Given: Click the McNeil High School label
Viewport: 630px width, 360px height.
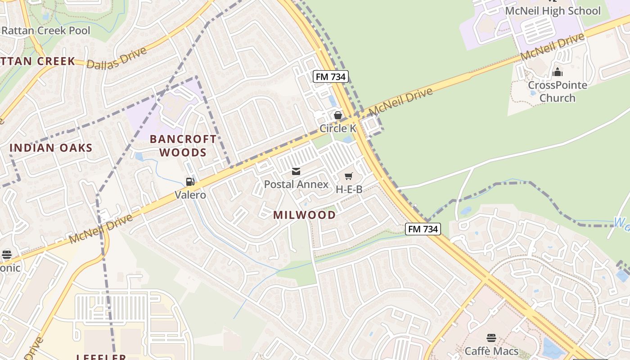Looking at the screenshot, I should click(x=553, y=11).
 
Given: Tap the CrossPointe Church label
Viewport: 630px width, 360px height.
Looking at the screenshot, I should click(x=557, y=91).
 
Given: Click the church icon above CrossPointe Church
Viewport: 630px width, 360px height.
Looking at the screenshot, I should click(x=558, y=72).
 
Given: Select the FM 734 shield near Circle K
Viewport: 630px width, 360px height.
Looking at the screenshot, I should click(x=331, y=76).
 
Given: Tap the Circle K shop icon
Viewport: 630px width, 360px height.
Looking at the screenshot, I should click(x=338, y=116).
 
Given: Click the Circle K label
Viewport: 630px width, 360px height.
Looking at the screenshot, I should click(x=338, y=129).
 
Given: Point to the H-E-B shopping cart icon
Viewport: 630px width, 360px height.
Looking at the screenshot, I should click(x=349, y=176).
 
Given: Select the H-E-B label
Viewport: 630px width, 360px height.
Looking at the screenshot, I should click(x=349, y=189).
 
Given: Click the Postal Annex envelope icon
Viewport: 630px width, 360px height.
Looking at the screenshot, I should click(x=296, y=171).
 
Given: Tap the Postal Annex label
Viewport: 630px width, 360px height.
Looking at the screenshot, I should click(x=296, y=184).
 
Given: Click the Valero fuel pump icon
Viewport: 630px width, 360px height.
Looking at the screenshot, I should click(x=190, y=182).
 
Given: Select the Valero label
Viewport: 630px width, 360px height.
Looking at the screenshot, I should click(x=190, y=195).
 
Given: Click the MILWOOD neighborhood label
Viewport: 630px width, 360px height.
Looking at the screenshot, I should click(x=304, y=215).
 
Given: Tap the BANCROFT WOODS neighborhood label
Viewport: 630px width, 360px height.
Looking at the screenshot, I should click(x=183, y=145).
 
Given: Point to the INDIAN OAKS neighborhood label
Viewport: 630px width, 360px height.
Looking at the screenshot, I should click(x=51, y=148).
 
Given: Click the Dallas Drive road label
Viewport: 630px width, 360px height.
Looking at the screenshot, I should click(x=117, y=58).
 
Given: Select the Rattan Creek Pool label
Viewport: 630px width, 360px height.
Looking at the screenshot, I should click(x=45, y=31).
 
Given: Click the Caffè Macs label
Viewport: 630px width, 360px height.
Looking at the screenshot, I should click(x=491, y=351).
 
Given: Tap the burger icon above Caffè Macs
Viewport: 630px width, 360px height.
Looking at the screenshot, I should click(x=491, y=337).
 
